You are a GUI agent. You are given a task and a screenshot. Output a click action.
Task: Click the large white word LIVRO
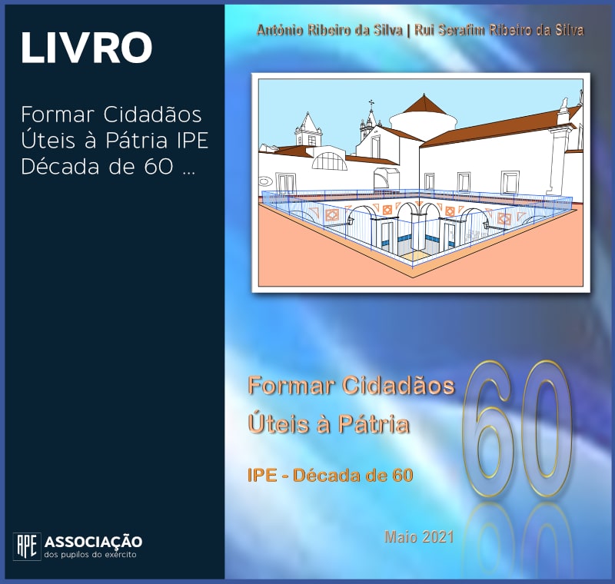click(86, 48)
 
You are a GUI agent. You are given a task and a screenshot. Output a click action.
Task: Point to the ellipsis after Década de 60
click(188, 173)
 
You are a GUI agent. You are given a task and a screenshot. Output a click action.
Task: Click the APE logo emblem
click(27, 546)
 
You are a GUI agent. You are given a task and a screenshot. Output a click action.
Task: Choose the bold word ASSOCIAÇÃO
click(93, 542)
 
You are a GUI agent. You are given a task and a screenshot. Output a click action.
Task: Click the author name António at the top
click(280, 30)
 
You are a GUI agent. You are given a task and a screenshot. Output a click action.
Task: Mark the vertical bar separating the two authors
click(408, 31)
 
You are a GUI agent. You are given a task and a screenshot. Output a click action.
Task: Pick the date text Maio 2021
click(419, 536)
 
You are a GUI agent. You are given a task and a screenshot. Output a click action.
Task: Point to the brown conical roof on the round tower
click(424, 104)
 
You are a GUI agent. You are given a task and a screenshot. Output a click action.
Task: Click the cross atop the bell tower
click(371, 104)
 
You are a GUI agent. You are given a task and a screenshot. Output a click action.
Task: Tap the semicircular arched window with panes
click(330, 161)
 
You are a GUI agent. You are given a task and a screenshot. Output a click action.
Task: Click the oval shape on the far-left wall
click(265, 181)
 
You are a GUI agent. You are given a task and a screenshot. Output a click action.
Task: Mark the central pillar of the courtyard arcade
click(417, 231)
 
